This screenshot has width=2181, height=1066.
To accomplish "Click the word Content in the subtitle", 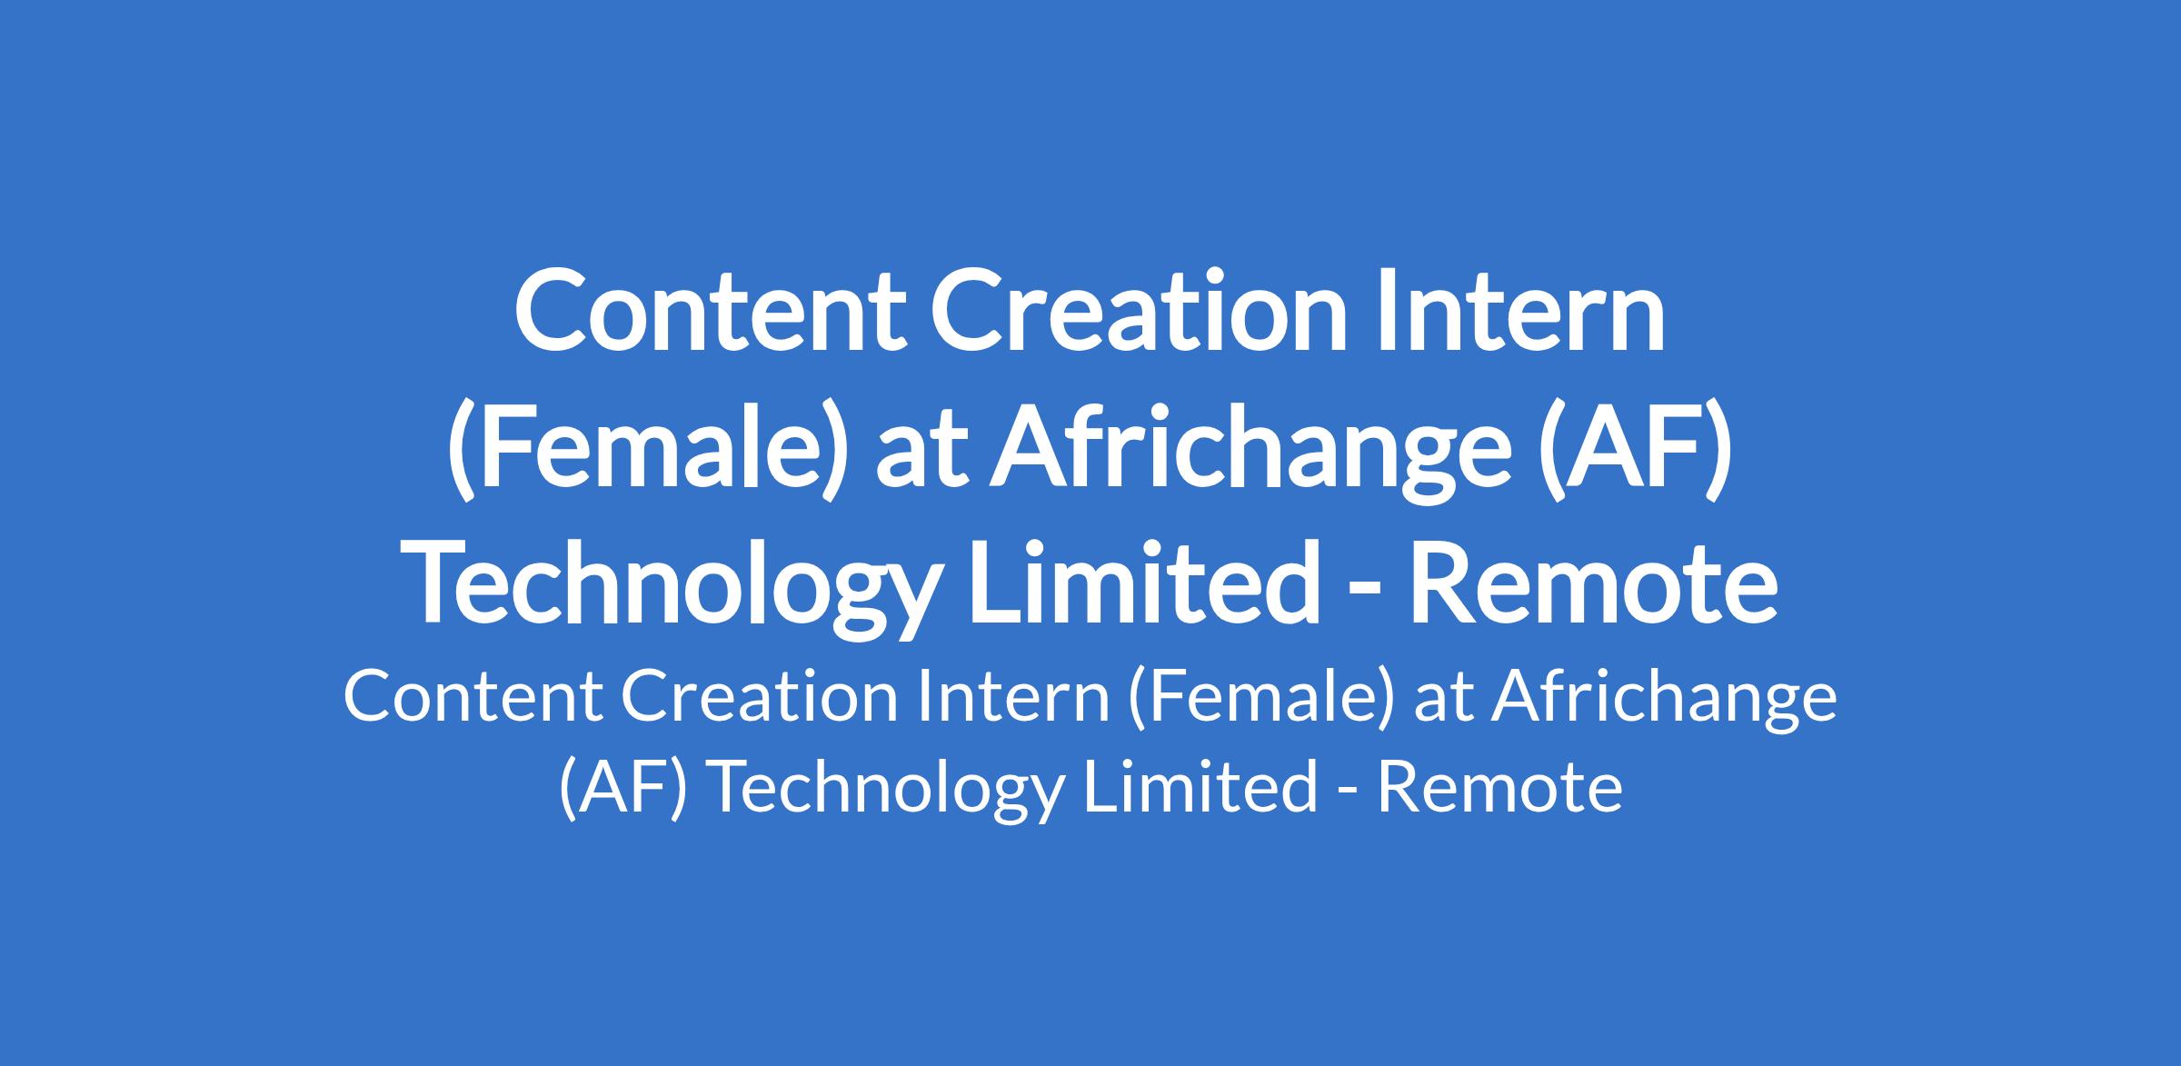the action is (473, 698).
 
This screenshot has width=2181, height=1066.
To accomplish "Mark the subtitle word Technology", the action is (884, 787).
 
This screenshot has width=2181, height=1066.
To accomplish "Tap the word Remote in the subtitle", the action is (1500, 787).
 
